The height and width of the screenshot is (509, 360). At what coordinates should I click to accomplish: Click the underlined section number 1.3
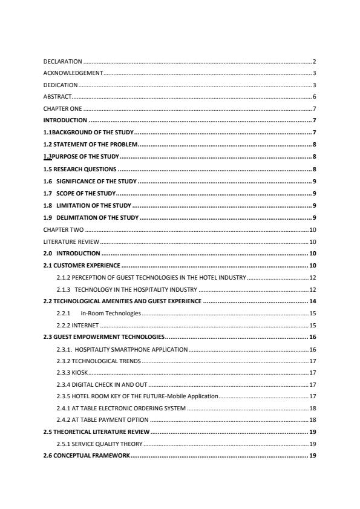point(48,156)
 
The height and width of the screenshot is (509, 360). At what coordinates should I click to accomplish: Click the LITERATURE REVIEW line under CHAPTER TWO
point(67,242)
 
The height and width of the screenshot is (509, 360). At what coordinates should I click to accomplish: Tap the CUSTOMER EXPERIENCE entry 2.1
point(82,266)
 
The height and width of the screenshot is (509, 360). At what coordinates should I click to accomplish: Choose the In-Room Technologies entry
point(110,313)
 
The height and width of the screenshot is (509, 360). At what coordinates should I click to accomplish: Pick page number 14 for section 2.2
point(313,301)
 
